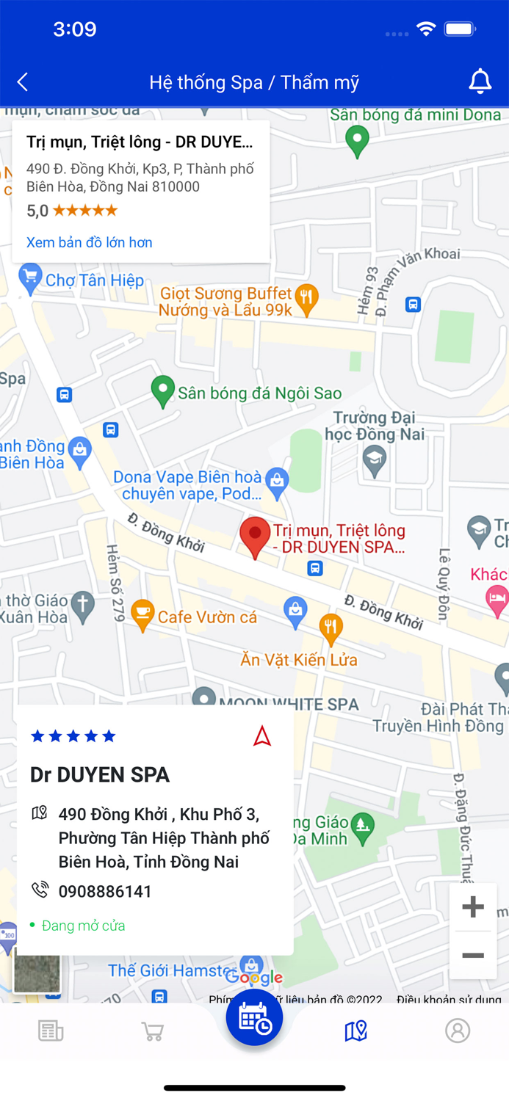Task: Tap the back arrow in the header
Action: pyautogui.click(x=23, y=81)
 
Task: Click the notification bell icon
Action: pyautogui.click(x=480, y=81)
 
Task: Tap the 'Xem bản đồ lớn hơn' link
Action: pyautogui.click(x=90, y=242)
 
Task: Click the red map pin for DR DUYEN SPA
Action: pyautogui.click(x=256, y=537)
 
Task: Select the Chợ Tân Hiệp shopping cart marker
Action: pyautogui.click(x=30, y=279)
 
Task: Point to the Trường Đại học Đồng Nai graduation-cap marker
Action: pyautogui.click(x=375, y=459)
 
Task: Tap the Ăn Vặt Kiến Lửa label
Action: pyautogui.click(x=299, y=659)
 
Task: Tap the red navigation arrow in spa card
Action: pyautogui.click(x=262, y=735)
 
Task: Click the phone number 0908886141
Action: pyautogui.click(x=105, y=891)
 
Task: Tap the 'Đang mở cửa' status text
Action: pyautogui.click(x=83, y=926)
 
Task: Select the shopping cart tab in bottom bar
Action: pyautogui.click(x=152, y=1031)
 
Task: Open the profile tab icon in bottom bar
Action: pyautogui.click(x=458, y=1031)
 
